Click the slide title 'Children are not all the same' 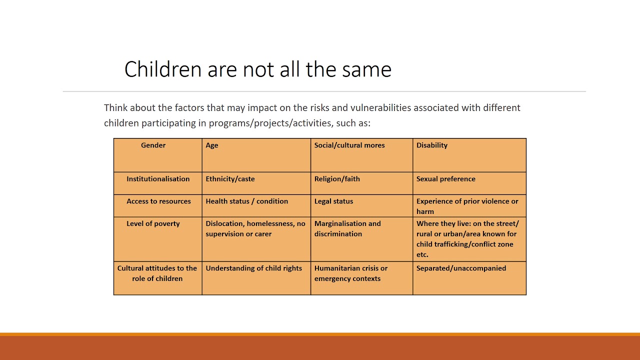pyautogui.click(x=257, y=69)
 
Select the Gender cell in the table pyautogui.click(x=153, y=145)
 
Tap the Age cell pyautogui.click(x=212, y=145)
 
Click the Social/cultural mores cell pyautogui.click(x=349, y=145)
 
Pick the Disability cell pyautogui.click(x=432, y=145)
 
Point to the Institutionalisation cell pyautogui.click(x=158, y=179)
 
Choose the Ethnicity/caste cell pyautogui.click(x=230, y=179)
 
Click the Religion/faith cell pyautogui.click(x=337, y=179)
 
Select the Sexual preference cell pyautogui.click(x=446, y=179)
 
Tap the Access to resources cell pyautogui.click(x=158, y=201)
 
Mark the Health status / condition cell pyautogui.click(x=246, y=201)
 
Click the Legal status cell pyautogui.click(x=333, y=201)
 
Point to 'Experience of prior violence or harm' pyautogui.click(x=467, y=206)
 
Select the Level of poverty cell pyautogui.click(x=153, y=224)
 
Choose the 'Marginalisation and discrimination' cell pyautogui.click(x=347, y=229)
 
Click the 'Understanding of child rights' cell pyautogui.click(x=253, y=268)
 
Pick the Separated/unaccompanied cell pyautogui.click(x=461, y=268)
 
